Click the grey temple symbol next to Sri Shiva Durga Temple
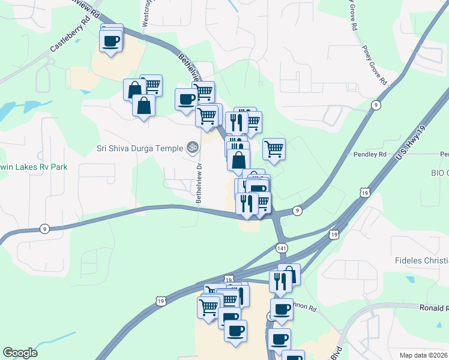pyautogui.click(x=193, y=146)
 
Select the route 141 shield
pyautogui.click(x=282, y=248)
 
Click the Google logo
pyautogui.click(x=20, y=353)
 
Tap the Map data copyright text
pyautogui.click(x=423, y=355)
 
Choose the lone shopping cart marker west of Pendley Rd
pyautogui.click(x=274, y=148)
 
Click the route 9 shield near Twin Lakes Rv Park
pyautogui.click(x=44, y=229)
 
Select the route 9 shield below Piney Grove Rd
pyautogui.click(x=376, y=105)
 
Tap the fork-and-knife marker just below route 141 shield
pyautogui.click(x=280, y=281)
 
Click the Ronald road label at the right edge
pyautogui.click(x=433, y=308)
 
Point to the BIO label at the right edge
pyautogui.click(x=439, y=173)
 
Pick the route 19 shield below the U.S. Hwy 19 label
pyautogui.click(x=364, y=192)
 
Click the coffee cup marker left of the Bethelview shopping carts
pyautogui.click(x=185, y=99)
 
